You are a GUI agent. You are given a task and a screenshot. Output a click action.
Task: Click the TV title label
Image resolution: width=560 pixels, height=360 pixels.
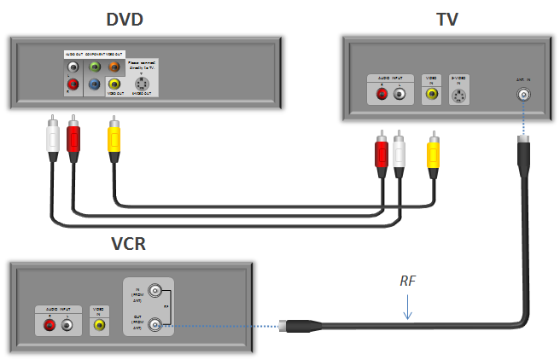coord(447,19)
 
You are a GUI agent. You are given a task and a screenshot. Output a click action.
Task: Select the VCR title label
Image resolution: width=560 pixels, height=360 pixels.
coord(128,245)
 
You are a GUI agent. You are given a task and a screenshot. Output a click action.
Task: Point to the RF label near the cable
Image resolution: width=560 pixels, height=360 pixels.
coord(410,280)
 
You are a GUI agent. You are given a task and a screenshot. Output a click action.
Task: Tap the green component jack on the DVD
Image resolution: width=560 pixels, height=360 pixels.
coord(94,65)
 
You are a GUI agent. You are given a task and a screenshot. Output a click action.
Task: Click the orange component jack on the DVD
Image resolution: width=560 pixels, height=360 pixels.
coord(114,65)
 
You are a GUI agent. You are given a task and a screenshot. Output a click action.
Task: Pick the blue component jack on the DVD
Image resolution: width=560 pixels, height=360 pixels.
coord(94,84)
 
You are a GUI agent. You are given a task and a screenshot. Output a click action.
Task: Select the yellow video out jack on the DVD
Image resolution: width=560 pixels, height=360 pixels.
coord(114,84)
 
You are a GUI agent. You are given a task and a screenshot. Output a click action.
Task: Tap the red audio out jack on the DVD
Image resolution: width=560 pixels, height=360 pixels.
coord(73,84)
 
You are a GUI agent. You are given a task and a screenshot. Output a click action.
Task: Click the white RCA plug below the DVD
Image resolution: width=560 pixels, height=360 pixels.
coord(54,136)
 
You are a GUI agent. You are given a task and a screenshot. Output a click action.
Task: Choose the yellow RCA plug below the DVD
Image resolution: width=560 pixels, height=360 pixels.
coord(114,136)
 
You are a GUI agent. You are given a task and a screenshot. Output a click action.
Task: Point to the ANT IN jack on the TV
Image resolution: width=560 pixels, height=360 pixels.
coord(522,95)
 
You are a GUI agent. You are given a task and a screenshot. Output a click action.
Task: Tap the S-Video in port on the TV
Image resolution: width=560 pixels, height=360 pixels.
coord(460,96)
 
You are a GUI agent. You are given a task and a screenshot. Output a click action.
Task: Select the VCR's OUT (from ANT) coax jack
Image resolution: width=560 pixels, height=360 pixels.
coord(155,324)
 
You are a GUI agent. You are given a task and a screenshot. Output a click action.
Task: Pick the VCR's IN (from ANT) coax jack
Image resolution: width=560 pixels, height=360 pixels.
coord(155,290)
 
